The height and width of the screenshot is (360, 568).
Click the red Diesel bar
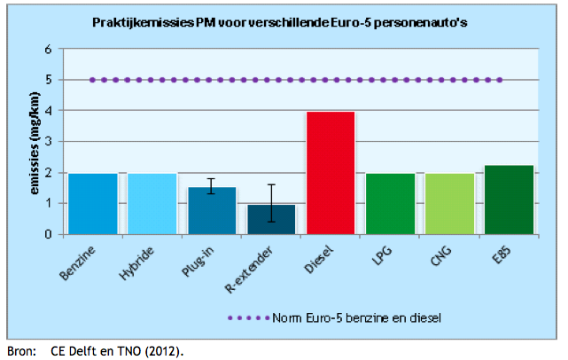tap(331, 173)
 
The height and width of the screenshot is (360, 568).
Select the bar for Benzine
tap(93, 203)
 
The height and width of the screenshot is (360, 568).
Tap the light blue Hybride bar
tap(152, 203)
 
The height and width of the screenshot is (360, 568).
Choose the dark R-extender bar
tap(271, 219)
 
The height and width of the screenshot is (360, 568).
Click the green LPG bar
tap(390, 203)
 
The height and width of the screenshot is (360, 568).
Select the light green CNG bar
tap(449, 203)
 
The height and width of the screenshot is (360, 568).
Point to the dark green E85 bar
tap(509, 200)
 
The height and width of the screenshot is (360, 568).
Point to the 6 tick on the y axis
tap(51, 50)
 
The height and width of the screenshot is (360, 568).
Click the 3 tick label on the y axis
tap(51, 142)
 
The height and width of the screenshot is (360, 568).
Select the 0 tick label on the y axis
tap(51, 234)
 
